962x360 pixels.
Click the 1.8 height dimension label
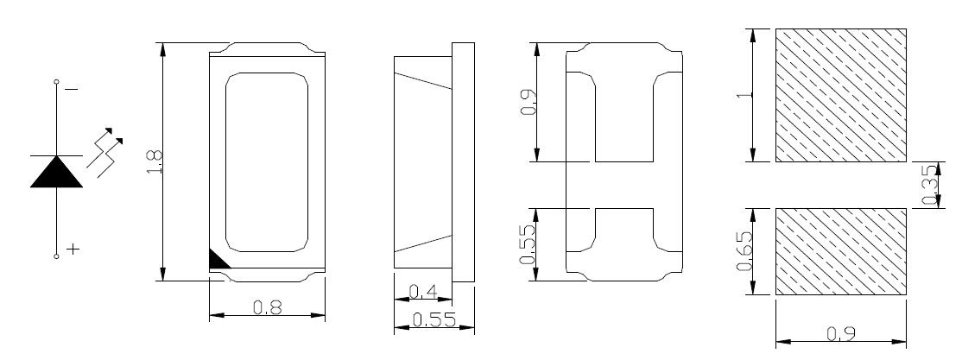click(155, 162)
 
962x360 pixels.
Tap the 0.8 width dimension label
click(268, 306)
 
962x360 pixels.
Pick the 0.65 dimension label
click(744, 251)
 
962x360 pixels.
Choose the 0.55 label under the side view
click(434, 320)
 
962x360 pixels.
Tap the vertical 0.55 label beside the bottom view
click(528, 244)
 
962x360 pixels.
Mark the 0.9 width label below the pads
click(841, 333)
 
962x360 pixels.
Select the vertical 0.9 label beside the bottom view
click(528, 102)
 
